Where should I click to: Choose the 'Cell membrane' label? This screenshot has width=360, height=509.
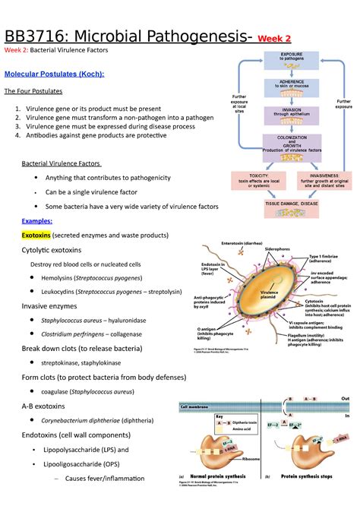pos(196,407)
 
